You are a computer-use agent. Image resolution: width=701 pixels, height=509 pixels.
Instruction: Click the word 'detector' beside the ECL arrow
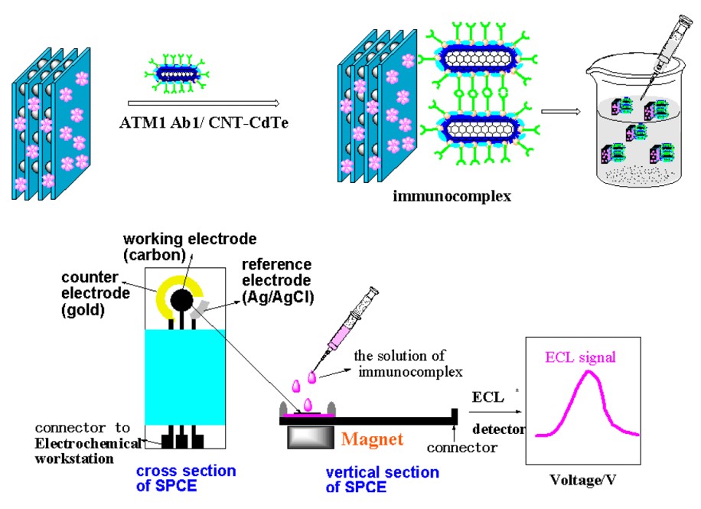[497, 429]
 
